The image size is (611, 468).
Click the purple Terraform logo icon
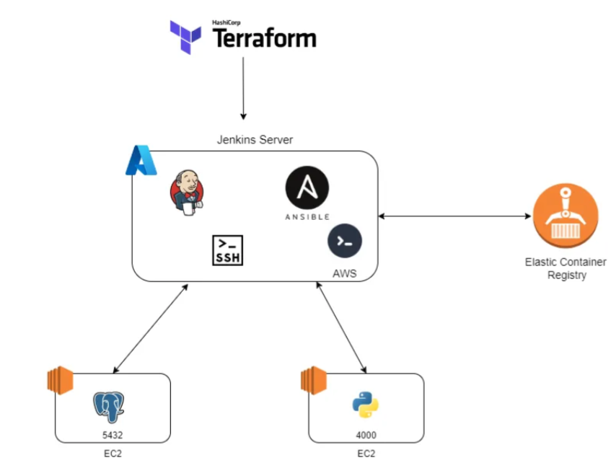coord(185,37)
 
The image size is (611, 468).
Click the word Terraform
coord(264,38)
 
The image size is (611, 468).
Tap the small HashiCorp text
coord(226,22)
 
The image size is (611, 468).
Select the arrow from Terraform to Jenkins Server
coord(243,88)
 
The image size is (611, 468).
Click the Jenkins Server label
coord(255,139)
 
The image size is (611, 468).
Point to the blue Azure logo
coord(141,160)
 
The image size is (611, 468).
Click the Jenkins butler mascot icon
coord(187,192)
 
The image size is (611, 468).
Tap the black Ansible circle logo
coord(307,187)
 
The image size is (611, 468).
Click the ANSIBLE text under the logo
coord(307,217)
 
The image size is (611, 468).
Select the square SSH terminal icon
coord(227,250)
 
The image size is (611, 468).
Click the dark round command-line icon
coord(345,241)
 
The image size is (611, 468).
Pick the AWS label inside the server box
coord(345,273)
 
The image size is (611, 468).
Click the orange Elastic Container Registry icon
coord(566,216)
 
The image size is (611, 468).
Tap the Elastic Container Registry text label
coord(566,268)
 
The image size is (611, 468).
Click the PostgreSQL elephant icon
coord(109,407)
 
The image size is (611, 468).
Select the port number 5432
coord(113,435)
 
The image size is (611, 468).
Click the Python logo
coord(366,405)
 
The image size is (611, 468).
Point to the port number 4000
coord(366,435)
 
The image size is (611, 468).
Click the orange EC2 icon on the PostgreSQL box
coord(60,380)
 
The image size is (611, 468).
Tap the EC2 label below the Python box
coord(366,454)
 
